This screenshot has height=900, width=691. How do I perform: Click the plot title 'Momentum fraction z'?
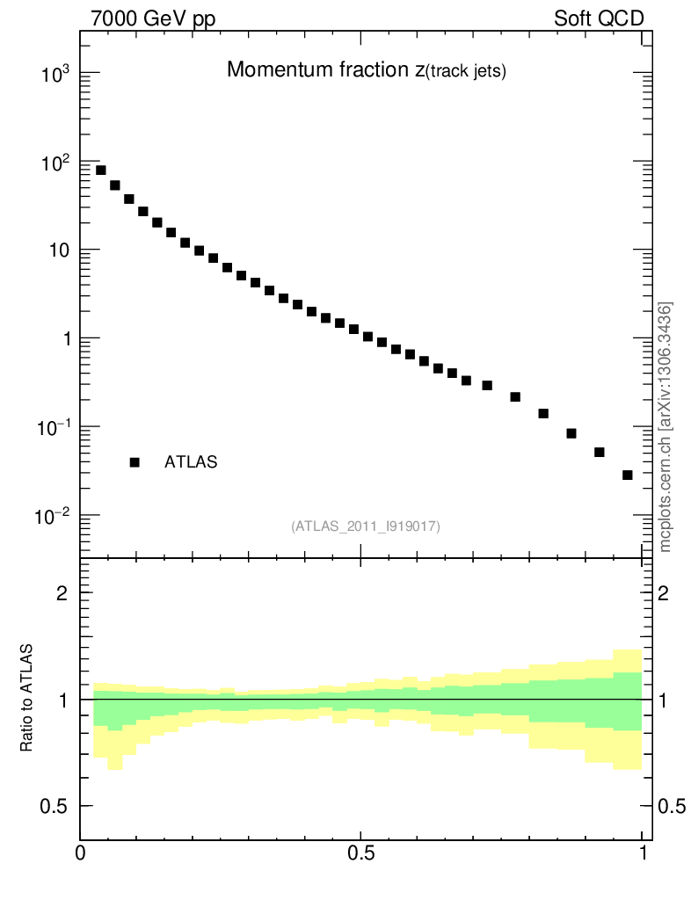tap(367, 71)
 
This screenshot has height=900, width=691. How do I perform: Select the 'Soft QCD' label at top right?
tap(599, 18)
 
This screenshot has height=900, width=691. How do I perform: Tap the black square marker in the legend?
tap(135, 462)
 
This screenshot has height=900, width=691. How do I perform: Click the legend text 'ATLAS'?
tap(191, 462)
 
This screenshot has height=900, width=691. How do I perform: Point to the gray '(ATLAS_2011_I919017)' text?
tap(366, 526)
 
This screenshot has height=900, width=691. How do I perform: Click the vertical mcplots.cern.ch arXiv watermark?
tap(666, 427)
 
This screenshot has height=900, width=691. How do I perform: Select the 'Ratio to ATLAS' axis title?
tap(27, 699)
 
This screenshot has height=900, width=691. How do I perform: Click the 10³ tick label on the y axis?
tap(55, 75)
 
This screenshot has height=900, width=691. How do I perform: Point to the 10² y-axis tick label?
tap(55, 163)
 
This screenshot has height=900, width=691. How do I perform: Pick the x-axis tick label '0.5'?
tap(360, 853)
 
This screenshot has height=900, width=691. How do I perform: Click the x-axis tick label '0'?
tap(81, 853)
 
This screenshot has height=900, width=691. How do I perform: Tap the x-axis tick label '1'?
tap(642, 853)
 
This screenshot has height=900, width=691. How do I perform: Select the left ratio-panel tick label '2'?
tap(63, 593)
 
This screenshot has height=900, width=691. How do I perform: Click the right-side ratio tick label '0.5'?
tap(670, 807)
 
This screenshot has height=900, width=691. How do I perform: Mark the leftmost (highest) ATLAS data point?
tap(101, 171)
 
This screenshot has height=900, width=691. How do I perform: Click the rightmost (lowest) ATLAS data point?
tap(628, 475)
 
